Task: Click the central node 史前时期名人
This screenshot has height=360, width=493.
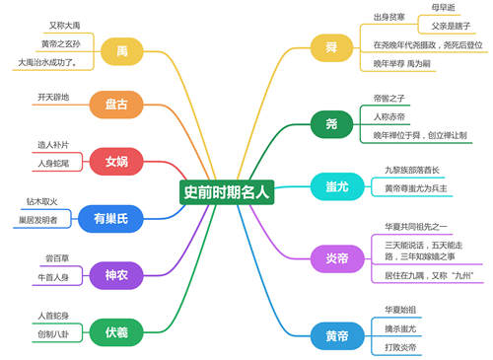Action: coord(227,191)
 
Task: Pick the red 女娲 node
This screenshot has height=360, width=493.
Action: coord(116,162)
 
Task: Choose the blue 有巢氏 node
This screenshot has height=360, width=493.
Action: coord(111,218)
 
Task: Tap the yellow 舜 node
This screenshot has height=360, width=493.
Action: coord(330,47)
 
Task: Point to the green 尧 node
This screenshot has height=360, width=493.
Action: coord(330,123)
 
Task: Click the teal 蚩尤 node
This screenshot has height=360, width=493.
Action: coord(330,185)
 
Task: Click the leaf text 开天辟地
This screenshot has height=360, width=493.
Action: coord(54,98)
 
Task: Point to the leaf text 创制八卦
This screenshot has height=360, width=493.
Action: coord(52,335)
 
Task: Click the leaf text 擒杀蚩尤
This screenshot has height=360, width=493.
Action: coord(400,327)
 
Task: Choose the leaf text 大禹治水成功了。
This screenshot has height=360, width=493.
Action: coord(47,62)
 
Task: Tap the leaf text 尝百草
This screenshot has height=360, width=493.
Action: coord(57,258)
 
